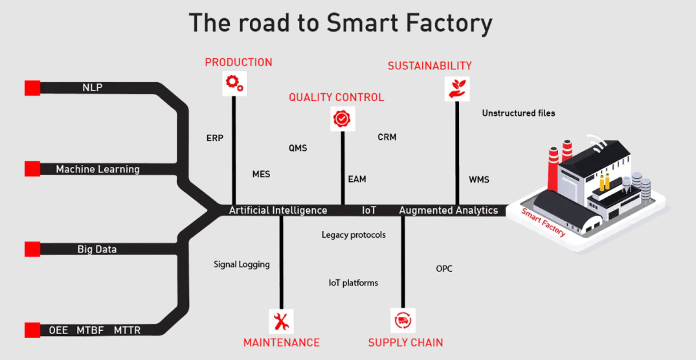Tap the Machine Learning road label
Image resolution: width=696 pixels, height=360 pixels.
[x=98, y=169]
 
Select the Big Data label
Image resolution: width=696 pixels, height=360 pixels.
[x=97, y=249]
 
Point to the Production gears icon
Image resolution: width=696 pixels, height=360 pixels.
[x=234, y=83]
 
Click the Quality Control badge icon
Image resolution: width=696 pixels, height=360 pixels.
[x=341, y=118]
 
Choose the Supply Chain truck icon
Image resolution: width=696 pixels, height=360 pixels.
[x=403, y=321]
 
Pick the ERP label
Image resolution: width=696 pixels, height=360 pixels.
[x=214, y=138]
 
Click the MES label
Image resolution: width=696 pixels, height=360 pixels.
[x=261, y=174]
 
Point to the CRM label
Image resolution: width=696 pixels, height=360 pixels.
[x=387, y=137]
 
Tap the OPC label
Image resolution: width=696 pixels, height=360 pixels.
[x=444, y=268]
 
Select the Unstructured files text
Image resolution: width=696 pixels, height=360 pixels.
[x=518, y=113]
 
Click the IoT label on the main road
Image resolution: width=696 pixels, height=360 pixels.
[x=369, y=210]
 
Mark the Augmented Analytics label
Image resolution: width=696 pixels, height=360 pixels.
[x=449, y=210]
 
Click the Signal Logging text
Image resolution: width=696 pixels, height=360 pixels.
[x=241, y=264]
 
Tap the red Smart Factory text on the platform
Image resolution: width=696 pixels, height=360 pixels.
[x=543, y=221]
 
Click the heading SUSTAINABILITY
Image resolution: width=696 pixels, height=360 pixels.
[x=429, y=66]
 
